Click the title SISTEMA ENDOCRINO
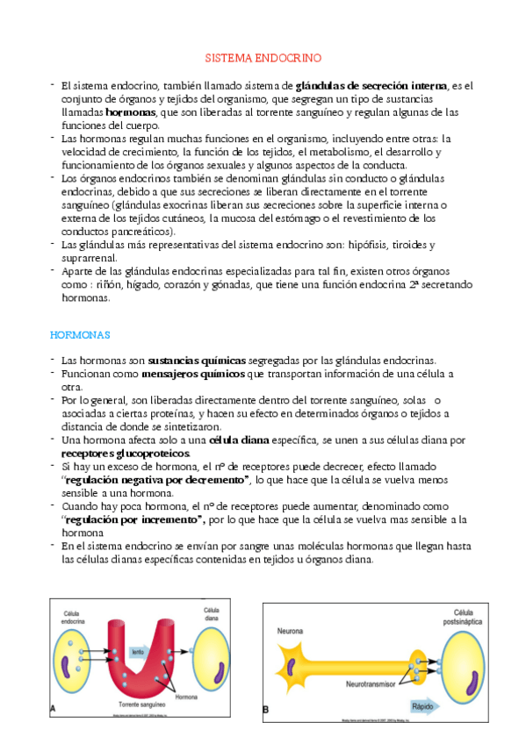coord(263,58)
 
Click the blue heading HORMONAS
coord(79,336)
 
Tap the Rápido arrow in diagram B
coord(422,706)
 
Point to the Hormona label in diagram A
coord(186,697)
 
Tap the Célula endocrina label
coord(74,617)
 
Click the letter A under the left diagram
coord(54,707)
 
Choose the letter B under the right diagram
coord(266,708)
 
